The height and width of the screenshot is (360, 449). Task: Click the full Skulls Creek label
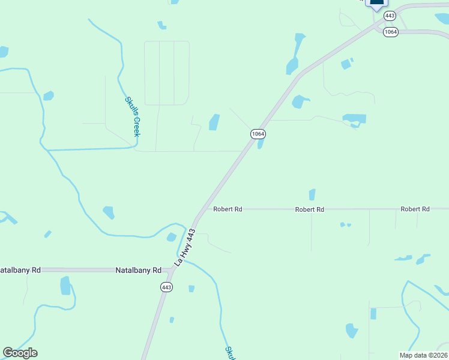(x=132, y=116)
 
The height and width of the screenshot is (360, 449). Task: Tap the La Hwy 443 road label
(x=185, y=247)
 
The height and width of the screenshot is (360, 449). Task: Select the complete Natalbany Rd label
(x=139, y=271)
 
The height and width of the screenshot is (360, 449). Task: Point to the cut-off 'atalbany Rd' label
(x=20, y=271)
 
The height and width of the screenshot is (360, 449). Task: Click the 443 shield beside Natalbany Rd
(x=166, y=287)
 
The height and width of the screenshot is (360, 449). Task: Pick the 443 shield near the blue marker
(x=390, y=16)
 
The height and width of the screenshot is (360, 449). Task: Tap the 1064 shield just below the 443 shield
(x=390, y=32)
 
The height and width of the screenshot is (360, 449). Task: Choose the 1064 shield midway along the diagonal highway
(x=258, y=134)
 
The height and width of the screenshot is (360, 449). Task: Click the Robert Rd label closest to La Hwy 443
(x=228, y=209)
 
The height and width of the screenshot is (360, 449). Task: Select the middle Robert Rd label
(x=310, y=209)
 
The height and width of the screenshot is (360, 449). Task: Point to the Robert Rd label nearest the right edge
(x=415, y=209)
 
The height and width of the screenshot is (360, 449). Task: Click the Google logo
(x=20, y=352)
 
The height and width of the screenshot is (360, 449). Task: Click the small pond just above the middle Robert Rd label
(x=312, y=194)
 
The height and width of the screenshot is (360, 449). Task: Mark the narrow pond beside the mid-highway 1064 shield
(x=261, y=144)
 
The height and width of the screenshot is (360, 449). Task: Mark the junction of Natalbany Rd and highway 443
(x=170, y=271)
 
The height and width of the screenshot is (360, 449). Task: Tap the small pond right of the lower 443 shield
(x=191, y=289)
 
